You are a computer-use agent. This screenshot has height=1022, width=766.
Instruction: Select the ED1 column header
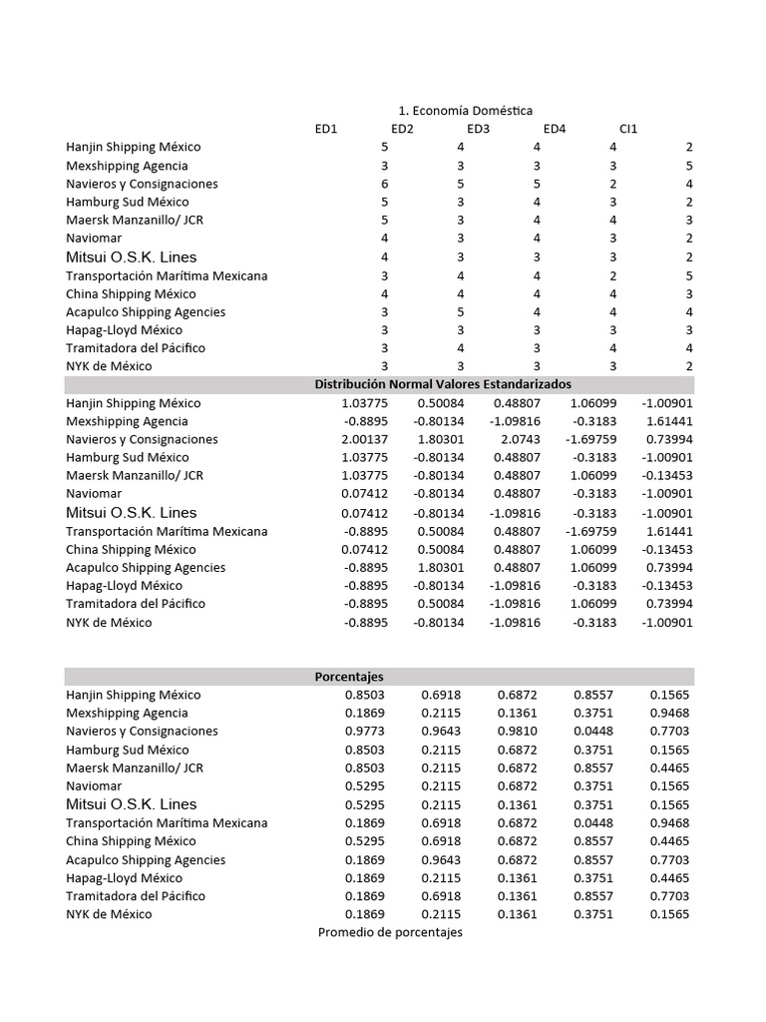326,129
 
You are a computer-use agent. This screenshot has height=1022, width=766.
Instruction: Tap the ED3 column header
478,129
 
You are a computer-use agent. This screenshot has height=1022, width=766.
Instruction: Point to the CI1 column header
628,129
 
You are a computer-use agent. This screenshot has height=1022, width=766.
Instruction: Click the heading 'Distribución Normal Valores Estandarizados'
443,384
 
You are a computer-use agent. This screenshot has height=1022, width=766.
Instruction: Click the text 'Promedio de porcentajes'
390,932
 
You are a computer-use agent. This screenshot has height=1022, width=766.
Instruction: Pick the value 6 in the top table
384,184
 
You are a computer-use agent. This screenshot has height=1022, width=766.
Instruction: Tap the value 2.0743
523,440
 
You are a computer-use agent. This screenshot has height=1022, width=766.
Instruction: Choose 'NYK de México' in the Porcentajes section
109,914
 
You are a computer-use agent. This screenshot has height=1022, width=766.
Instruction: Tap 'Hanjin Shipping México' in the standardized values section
133,403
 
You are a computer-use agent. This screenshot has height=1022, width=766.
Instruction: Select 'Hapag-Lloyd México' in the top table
124,330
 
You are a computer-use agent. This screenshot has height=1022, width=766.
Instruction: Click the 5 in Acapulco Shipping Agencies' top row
460,311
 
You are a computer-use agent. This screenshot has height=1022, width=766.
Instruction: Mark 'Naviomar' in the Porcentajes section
95,786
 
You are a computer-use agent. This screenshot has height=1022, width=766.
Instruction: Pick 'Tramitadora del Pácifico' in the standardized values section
136,604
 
